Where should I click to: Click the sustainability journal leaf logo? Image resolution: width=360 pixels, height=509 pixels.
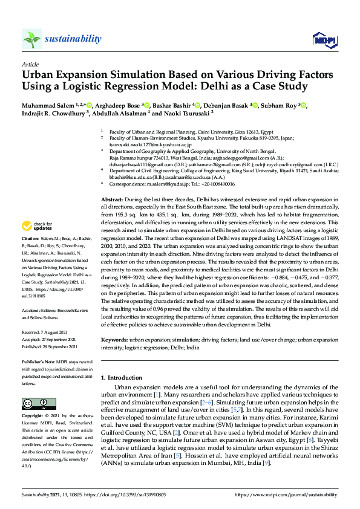coord(32,39)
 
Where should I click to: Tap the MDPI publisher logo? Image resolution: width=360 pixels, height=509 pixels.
coord(324,40)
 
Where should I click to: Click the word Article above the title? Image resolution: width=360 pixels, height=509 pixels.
coord(30,63)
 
